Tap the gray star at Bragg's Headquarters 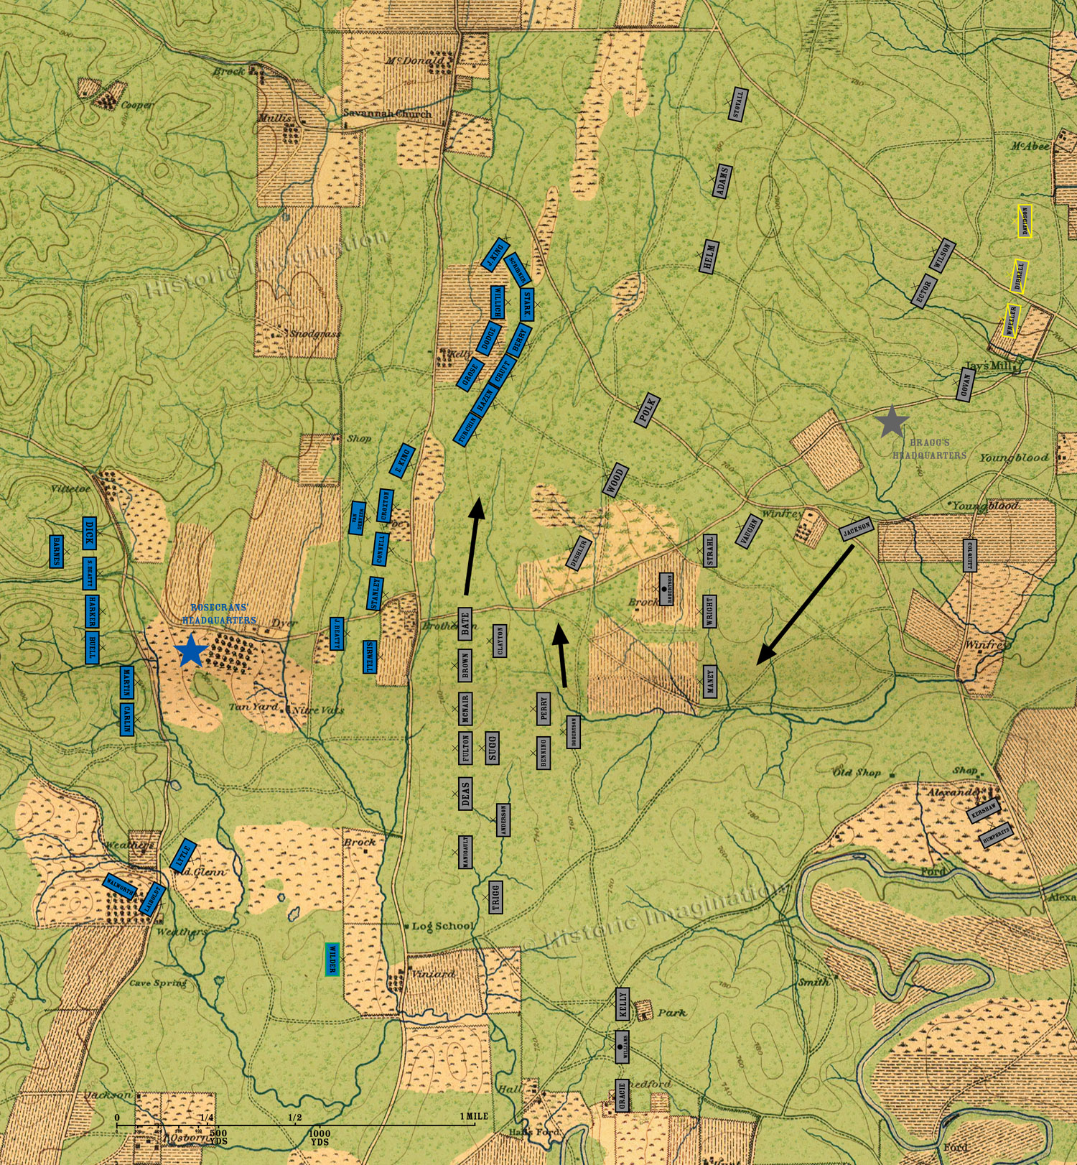pyautogui.click(x=891, y=422)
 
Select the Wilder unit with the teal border pyautogui.click(x=332, y=958)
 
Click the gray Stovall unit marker pyautogui.click(x=737, y=105)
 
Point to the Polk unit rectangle pyautogui.click(x=648, y=410)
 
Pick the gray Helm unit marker pyautogui.click(x=709, y=256)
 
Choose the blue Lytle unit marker pyautogui.click(x=183, y=855)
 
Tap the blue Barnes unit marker pyautogui.click(x=57, y=551)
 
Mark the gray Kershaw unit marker pyautogui.click(x=984, y=810)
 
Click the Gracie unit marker pyautogui.click(x=623, y=1095)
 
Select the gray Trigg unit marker pyautogui.click(x=495, y=897)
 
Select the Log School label pyautogui.click(x=442, y=926)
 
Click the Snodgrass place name pyautogui.click(x=315, y=334)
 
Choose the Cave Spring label pyautogui.click(x=158, y=983)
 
